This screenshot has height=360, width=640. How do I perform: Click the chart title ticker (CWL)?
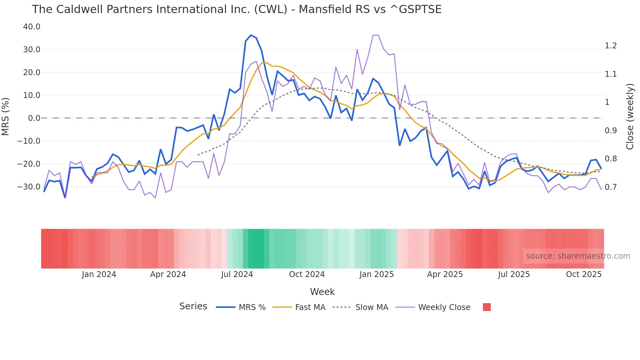(271, 9)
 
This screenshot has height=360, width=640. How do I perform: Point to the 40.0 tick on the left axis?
(32, 27)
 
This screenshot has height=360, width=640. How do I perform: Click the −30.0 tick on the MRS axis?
(29, 187)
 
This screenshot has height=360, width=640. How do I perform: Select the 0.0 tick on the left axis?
(34, 118)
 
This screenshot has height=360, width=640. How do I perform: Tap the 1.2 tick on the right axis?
(611, 46)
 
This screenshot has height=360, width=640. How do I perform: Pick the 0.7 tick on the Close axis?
(611, 187)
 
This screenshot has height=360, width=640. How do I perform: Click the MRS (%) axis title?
(6, 116)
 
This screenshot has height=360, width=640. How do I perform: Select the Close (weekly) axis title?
(630, 116)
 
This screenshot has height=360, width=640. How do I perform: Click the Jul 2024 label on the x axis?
(237, 274)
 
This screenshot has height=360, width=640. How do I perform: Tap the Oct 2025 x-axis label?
(584, 274)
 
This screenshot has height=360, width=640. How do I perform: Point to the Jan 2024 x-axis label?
(99, 274)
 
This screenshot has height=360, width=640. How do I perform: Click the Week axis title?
(322, 292)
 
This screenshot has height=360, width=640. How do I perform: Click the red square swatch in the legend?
(487, 307)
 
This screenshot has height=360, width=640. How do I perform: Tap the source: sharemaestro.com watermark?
(578, 256)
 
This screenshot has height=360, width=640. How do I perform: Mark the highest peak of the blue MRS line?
(251, 35)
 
